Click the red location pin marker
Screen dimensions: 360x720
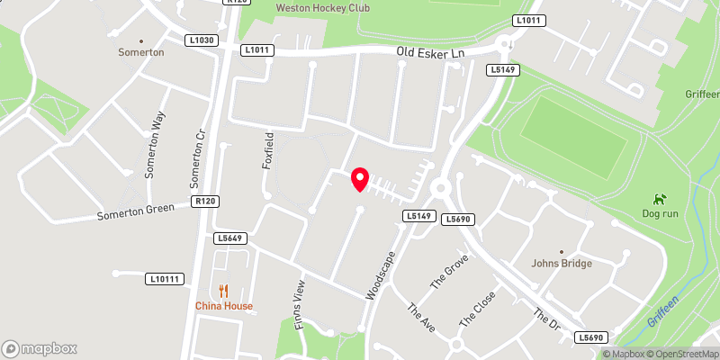(x=360, y=179)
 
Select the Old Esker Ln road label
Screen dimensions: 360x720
(x=431, y=53)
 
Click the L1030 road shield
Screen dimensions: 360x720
(x=201, y=40)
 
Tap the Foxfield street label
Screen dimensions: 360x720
(x=267, y=147)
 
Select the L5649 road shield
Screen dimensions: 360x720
(x=230, y=238)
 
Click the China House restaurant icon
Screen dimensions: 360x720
(x=224, y=291)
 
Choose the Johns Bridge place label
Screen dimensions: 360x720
(x=562, y=264)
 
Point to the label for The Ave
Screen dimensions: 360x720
(x=420, y=317)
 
